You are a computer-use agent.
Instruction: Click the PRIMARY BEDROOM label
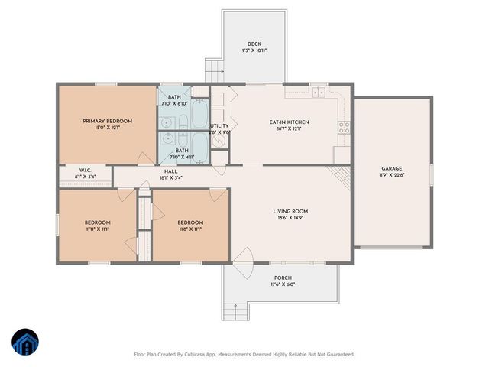[x=108, y=121]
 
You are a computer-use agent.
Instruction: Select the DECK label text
[x=254, y=44]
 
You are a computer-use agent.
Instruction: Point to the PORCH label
[x=283, y=278]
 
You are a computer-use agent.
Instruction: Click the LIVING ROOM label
[x=290, y=211]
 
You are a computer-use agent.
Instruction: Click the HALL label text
[x=171, y=171]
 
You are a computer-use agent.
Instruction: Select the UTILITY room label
[x=220, y=126]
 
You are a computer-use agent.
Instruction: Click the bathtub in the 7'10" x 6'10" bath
[x=197, y=115]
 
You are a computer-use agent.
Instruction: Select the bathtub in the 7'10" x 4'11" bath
[x=197, y=145]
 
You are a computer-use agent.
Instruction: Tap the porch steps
[x=232, y=312]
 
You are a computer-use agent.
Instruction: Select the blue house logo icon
[x=25, y=343]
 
